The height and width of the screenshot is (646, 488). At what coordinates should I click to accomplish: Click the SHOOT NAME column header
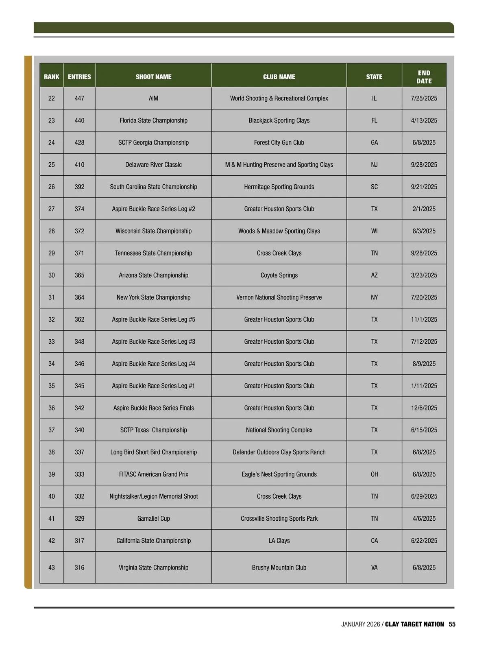coord(153,76)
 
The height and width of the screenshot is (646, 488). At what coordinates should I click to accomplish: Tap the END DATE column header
coord(424,76)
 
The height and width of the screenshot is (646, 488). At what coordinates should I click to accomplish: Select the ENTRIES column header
coord(79,76)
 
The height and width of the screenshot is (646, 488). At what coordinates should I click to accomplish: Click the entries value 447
coord(79,98)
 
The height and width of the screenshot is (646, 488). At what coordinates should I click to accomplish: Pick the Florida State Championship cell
coord(153,120)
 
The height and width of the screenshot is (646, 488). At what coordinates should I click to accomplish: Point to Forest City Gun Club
coord(279,142)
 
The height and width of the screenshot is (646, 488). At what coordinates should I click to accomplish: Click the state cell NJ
coord(374,165)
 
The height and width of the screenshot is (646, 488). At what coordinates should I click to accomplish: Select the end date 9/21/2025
coord(424,187)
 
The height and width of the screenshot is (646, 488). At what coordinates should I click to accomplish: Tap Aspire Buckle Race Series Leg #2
coord(153,209)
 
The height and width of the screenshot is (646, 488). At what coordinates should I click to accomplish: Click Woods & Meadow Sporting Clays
coord(279,231)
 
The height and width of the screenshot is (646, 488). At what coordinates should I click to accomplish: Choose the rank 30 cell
coord(52,275)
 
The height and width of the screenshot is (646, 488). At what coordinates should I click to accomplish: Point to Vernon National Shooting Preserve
coord(279,297)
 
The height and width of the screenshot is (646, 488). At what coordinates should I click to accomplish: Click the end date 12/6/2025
coord(424,408)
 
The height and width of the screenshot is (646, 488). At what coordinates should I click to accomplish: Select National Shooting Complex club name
coord(279,430)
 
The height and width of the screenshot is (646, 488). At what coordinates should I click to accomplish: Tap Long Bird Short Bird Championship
coord(153,452)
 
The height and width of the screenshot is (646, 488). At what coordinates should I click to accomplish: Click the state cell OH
coord(374,474)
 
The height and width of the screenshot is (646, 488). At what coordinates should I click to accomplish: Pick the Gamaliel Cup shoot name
coord(153,518)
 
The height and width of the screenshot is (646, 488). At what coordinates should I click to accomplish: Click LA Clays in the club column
coord(279,541)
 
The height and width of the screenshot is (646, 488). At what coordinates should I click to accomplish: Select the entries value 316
coord(79,567)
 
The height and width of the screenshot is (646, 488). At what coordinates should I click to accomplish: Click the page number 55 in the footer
coord(452,624)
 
